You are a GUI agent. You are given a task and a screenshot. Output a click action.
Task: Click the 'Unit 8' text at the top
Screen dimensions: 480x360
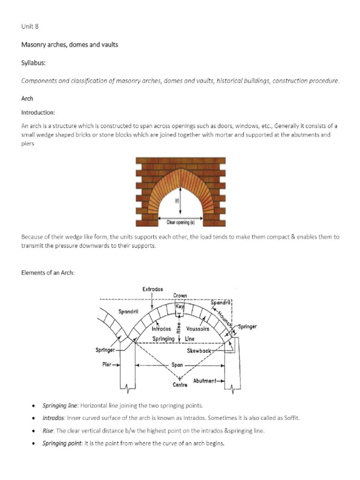point(30,26)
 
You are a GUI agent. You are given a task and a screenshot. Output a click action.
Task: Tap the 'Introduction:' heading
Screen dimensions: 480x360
point(38,112)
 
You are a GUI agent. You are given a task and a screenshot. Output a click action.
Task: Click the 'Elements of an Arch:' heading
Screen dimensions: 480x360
point(48,273)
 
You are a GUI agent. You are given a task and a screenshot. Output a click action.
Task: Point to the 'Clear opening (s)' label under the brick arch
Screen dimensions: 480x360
point(180,222)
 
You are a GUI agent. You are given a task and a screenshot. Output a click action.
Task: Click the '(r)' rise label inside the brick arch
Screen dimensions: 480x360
point(178,201)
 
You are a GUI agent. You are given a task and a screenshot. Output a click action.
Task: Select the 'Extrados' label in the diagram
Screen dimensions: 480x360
point(152,289)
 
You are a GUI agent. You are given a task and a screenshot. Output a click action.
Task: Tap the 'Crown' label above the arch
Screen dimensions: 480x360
point(180,296)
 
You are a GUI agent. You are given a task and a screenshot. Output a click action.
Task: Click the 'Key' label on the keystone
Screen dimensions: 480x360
point(180,306)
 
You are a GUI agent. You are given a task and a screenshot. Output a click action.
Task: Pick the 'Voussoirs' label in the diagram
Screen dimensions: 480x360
point(197,329)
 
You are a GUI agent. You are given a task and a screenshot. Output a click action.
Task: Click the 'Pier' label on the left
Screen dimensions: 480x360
point(106,364)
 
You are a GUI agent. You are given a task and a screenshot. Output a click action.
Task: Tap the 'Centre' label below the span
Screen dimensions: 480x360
point(180,385)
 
